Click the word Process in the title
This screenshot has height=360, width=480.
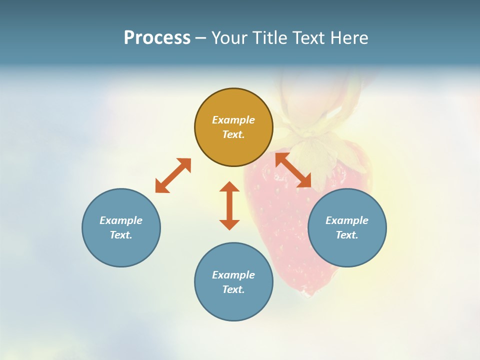click(x=157, y=38)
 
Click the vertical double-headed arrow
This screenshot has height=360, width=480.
click(x=229, y=205)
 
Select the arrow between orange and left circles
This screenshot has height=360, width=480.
click(x=173, y=175)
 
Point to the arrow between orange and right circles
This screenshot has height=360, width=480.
click(x=293, y=170)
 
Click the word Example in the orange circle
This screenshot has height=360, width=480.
click(x=233, y=120)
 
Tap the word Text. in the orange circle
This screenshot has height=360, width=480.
click(x=233, y=134)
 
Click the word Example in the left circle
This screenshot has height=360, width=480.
click(x=121, y=220)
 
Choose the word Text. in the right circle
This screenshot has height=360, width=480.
click(x=347, y=235)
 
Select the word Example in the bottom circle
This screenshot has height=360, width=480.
click(x=233, y=275)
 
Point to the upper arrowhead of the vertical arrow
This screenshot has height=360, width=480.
click(x=229, y=187)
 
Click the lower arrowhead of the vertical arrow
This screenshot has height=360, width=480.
click(x=229, y=224)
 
